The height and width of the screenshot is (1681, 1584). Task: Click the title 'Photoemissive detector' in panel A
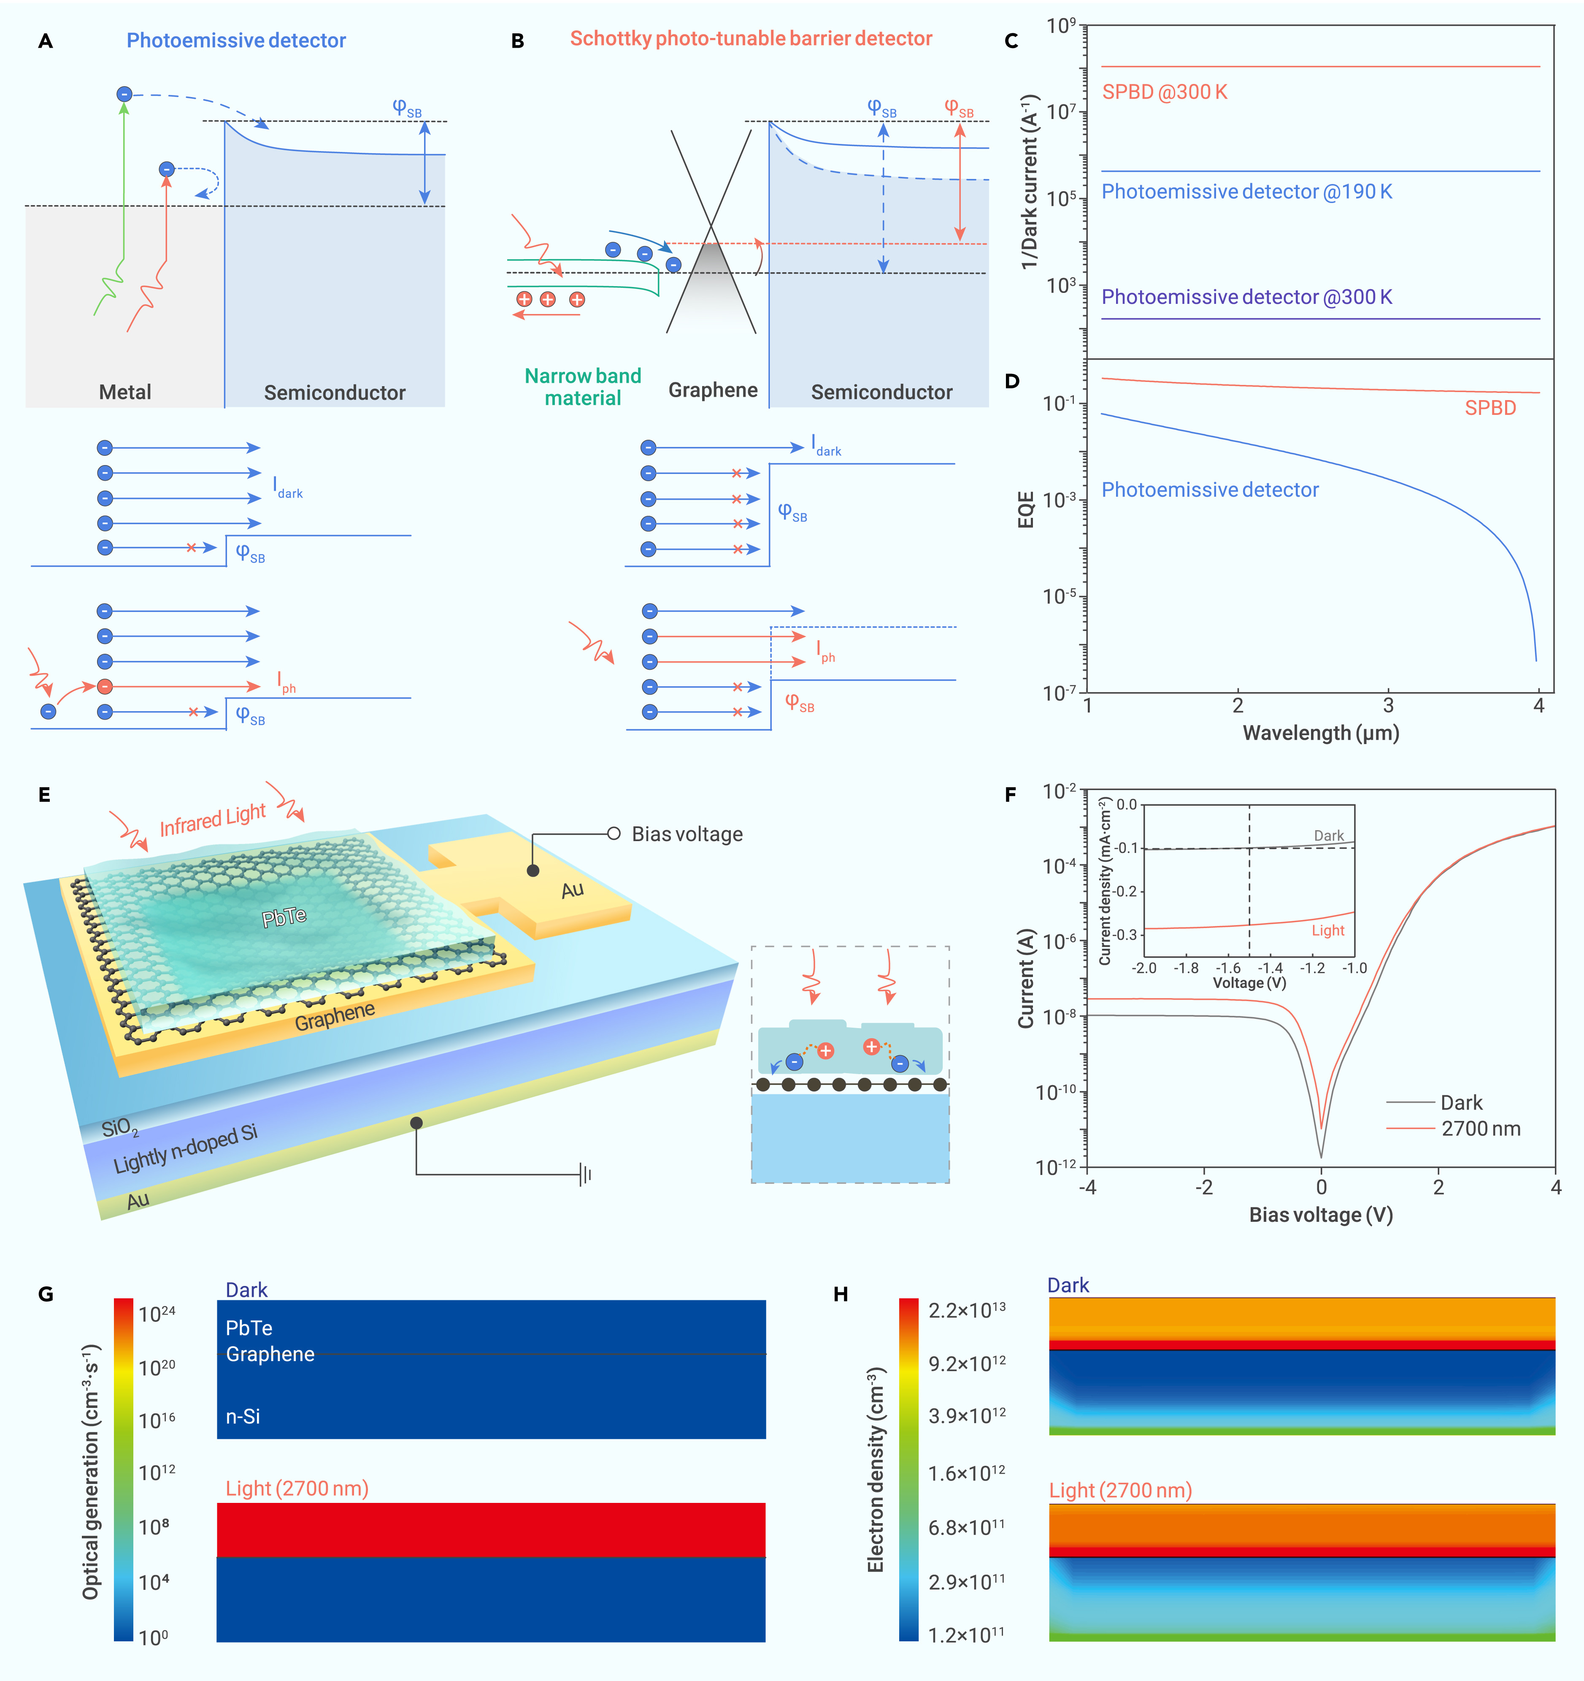click(236, 41)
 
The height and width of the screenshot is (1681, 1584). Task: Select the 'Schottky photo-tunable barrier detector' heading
click(751, 39)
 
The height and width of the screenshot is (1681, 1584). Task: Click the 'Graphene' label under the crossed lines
click(713, 390)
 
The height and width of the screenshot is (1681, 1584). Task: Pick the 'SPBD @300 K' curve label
click(1164, 92)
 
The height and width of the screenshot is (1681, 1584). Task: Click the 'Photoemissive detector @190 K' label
click(1246, 192)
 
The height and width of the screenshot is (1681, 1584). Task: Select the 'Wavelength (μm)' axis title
click(1320, 733)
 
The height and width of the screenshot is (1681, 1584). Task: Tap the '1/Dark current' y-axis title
click(1029, 182)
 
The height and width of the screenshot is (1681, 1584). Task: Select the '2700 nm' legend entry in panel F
click(1480, 1129)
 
